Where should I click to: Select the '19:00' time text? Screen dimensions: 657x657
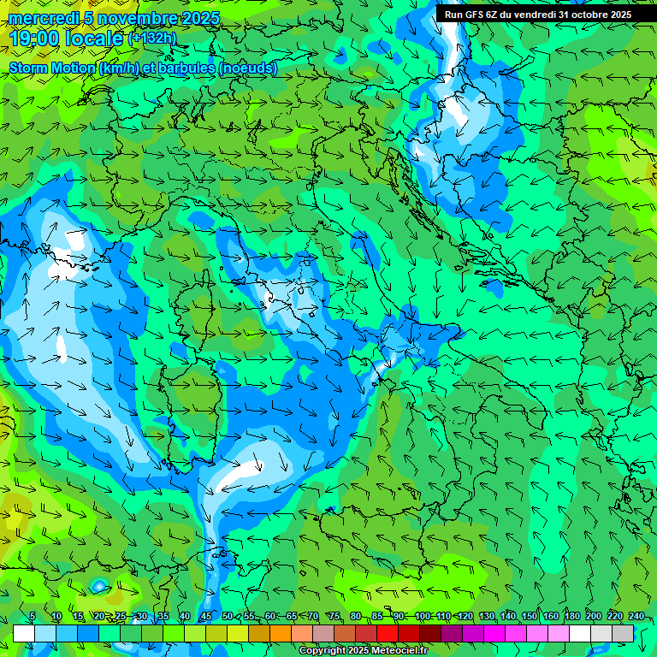[x=35, y=38]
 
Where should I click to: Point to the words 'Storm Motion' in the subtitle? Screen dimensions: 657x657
[x=52, y=68]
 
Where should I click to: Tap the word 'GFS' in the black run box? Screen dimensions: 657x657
[x=476, y=15]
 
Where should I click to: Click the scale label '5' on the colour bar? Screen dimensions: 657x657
[x=32, y=617]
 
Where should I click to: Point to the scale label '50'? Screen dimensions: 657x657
[x=227, y=617]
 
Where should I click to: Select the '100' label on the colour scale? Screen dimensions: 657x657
[x=422, y=617]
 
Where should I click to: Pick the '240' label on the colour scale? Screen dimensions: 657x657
[x=636, y=617]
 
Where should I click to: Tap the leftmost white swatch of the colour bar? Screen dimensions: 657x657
[x=24, y=633]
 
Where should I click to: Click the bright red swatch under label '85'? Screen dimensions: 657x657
[x=388, y=633]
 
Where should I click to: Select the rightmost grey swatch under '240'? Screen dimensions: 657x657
[x=623, y=633]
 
